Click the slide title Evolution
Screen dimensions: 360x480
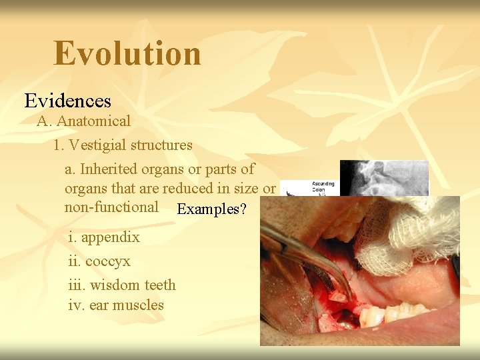pos(127,53)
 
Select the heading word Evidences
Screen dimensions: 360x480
pos(67,101)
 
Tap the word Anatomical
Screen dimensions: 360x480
pos(93,121)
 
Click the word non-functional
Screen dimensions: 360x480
pos(111,207)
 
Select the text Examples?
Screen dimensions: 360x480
pos(211,209)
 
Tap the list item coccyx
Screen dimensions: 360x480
pos(107,261)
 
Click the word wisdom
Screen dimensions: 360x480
pos(115,285)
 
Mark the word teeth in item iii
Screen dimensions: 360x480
pos(160,285)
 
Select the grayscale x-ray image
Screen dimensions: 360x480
pos(383,177)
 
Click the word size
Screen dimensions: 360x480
pos(245,189)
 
